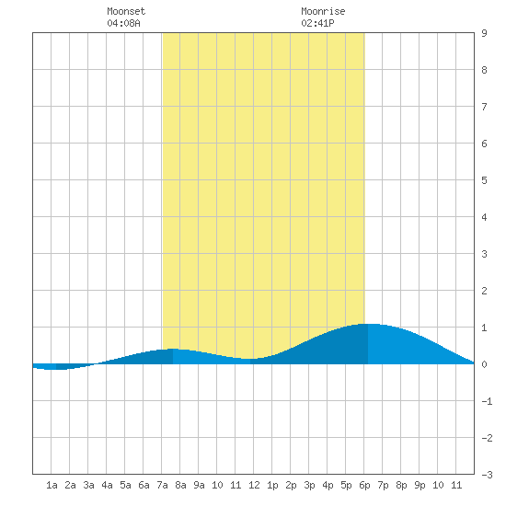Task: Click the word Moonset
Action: click(126, 11)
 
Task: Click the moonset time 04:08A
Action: click(123, 23)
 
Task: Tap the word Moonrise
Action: click(323, 11)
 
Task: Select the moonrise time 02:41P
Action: click(317, 23)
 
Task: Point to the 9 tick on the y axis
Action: click(484, 33)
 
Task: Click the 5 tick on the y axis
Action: click(484, 180)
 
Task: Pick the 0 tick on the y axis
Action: click(484, 364)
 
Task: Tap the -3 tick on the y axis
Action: click(487, 475)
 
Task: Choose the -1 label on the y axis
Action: click(487, 401)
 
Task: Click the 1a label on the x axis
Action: click(52, 485)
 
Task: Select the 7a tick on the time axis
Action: click(162, 485)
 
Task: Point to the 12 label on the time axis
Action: click(254, 485)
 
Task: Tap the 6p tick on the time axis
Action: click(364, 485)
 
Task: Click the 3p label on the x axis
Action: click(309, 485)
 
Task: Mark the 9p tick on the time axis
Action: click(420, 485)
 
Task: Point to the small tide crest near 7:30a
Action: click(173, 349)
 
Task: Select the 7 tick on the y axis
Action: click(484, 107)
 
